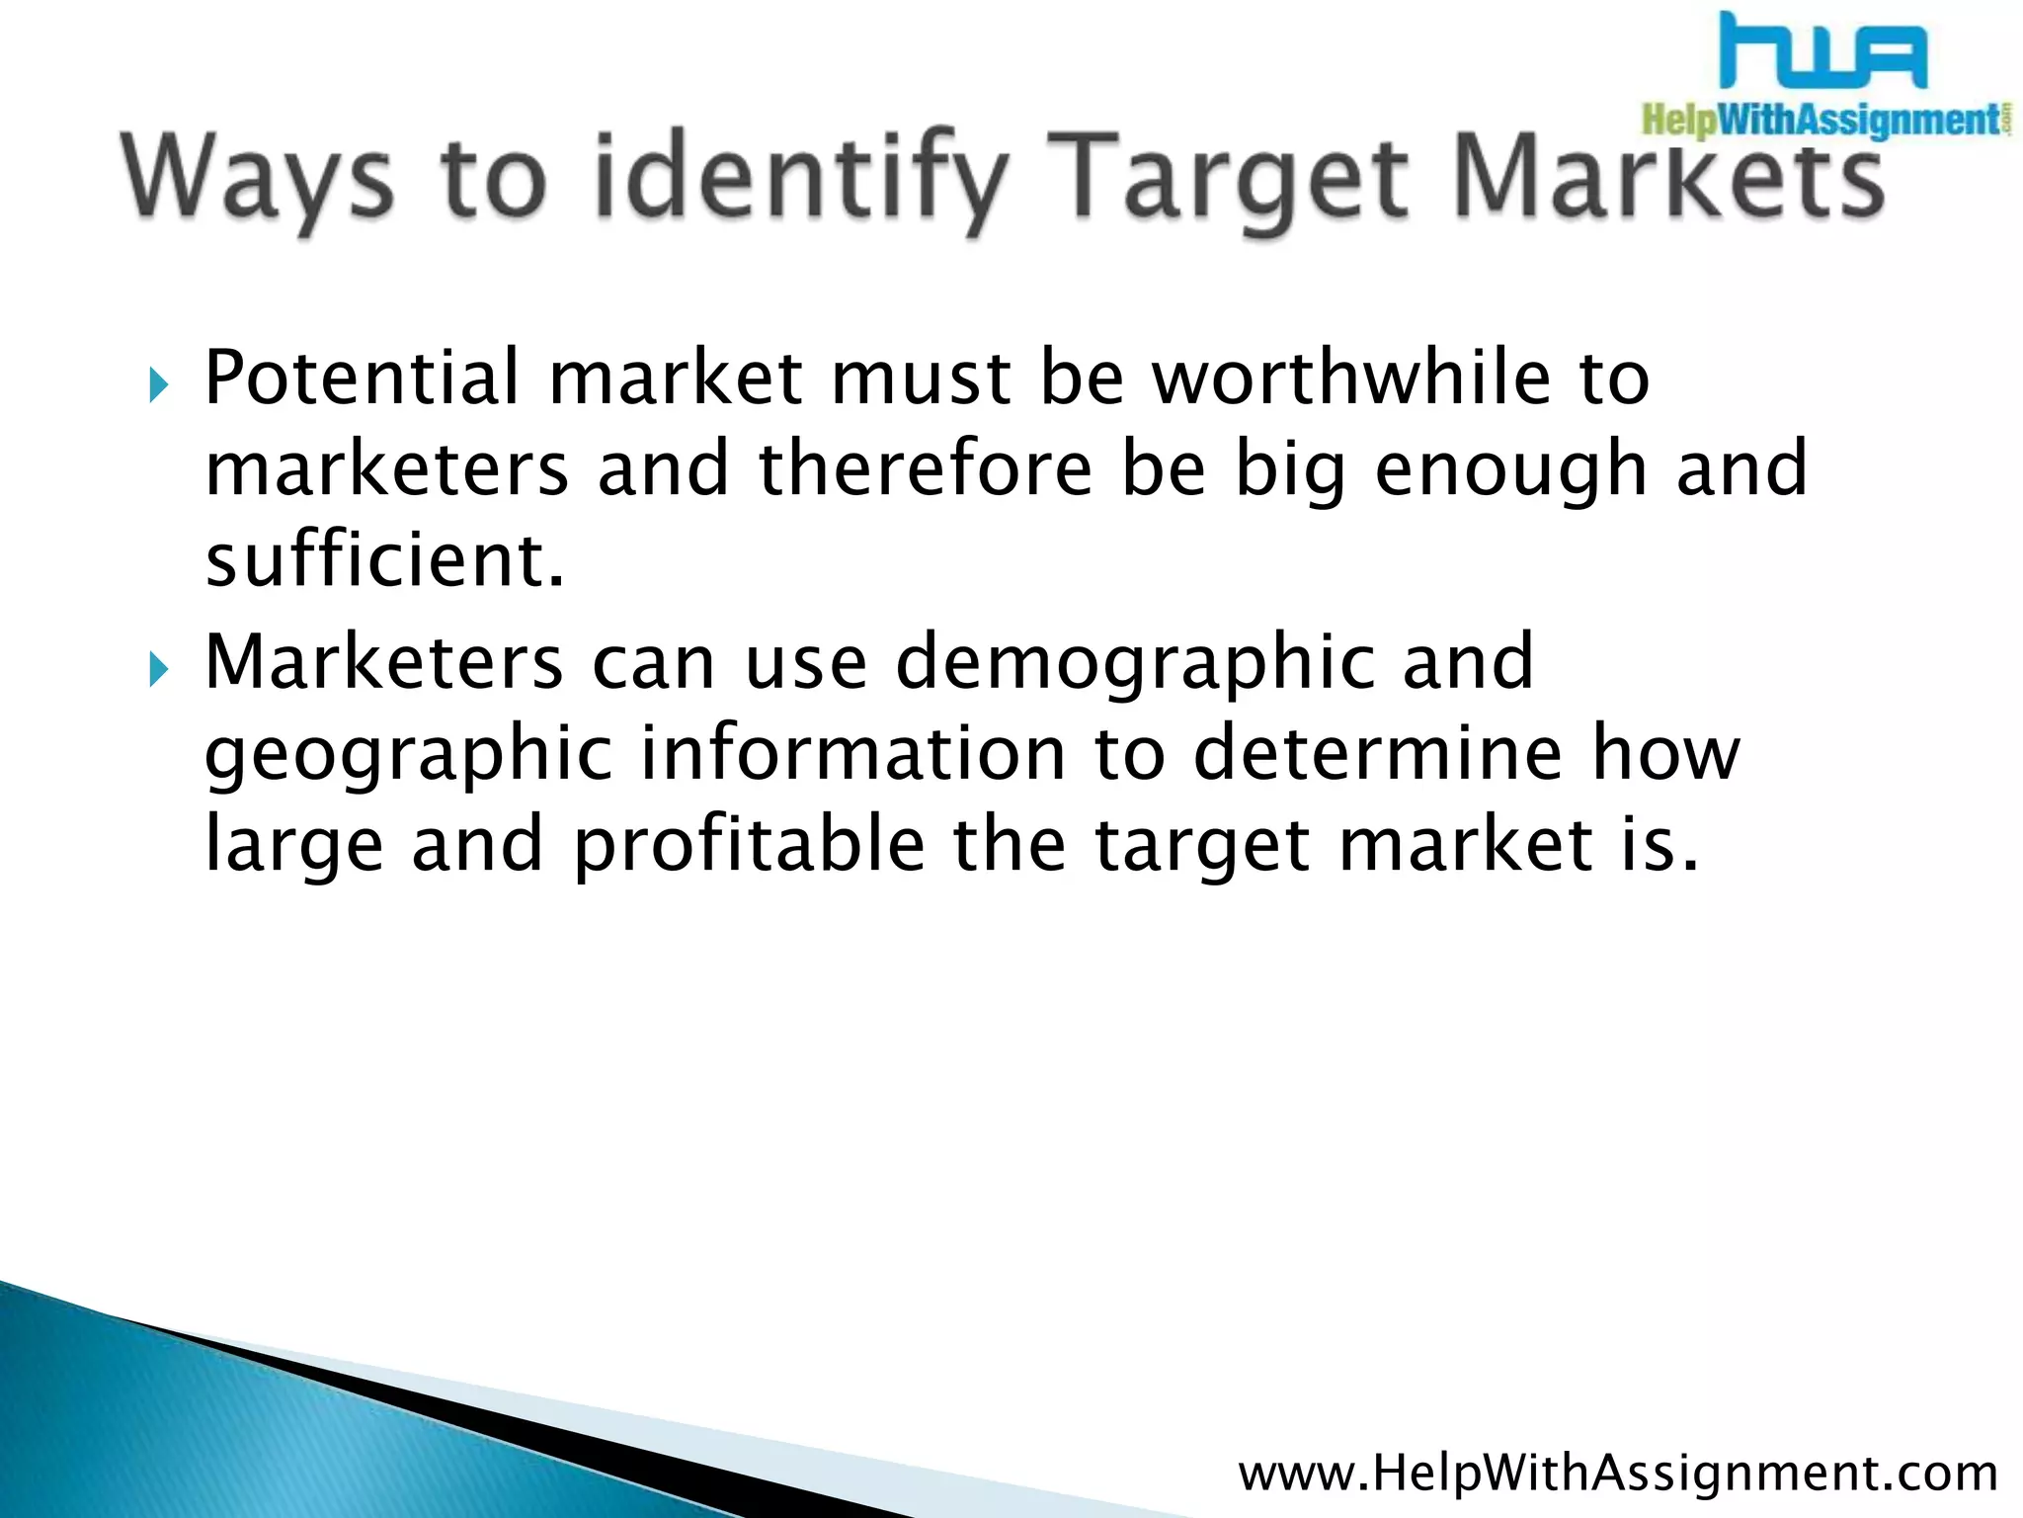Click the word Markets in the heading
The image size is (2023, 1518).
1669,178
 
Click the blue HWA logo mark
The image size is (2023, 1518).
1823,51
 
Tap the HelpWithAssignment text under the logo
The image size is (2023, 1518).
1823,121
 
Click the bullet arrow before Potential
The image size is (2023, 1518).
159,384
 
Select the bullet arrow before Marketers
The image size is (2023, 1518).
159,669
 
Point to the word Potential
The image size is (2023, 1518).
362,378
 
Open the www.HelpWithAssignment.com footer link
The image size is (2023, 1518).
1618,1474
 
